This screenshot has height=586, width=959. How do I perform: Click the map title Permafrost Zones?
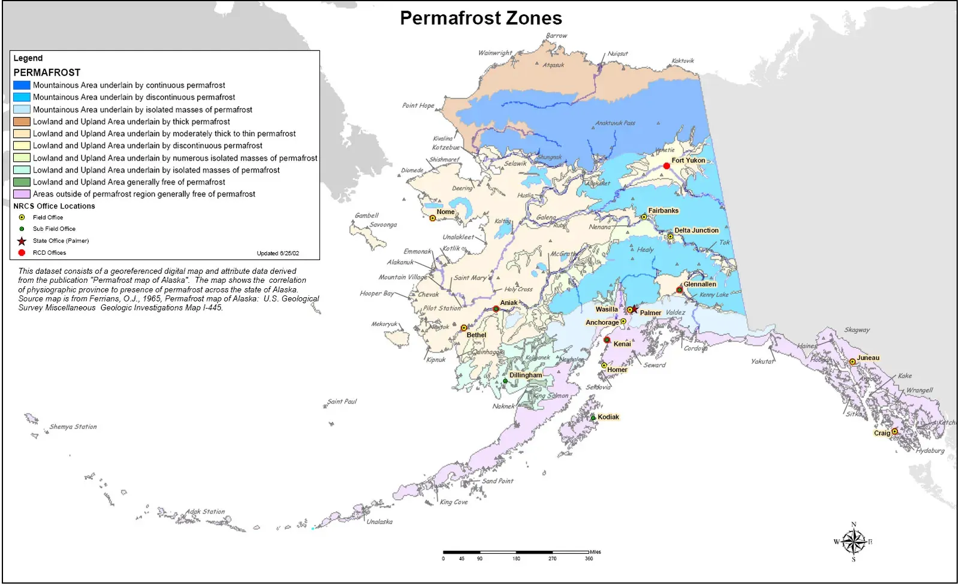coord(481,18)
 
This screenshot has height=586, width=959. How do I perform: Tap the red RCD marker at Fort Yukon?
coord(667,166)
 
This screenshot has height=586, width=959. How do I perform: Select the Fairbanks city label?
coord(663,211)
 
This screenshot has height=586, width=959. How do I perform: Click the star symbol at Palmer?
coord(635,309)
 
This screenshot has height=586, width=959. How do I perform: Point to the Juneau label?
coord(868,358)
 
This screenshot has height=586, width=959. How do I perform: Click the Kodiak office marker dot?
coord(593,418)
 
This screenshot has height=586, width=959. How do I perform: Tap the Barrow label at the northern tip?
coord(556,36)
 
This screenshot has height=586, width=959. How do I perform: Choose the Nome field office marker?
coord(433,218)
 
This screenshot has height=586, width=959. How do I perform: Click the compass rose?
coord(854,542)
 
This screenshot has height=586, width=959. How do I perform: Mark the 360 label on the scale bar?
coord(589,558)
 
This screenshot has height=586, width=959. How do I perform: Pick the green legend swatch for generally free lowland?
coord(22,182)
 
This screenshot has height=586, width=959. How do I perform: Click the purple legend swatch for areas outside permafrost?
coord(22,194)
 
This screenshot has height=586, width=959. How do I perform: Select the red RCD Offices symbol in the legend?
coord(22,253)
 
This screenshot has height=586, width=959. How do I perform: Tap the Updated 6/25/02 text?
coord(278,253)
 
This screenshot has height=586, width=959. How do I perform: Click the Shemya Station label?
coord(73,427)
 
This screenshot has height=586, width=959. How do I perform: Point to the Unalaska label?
coord(379,522)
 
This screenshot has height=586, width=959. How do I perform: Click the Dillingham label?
coord(526,376)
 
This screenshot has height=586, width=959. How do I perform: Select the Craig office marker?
coord(894,431)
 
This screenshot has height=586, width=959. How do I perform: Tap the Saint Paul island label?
coord(342,401)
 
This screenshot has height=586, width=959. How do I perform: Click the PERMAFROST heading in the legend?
coord(47,73)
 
